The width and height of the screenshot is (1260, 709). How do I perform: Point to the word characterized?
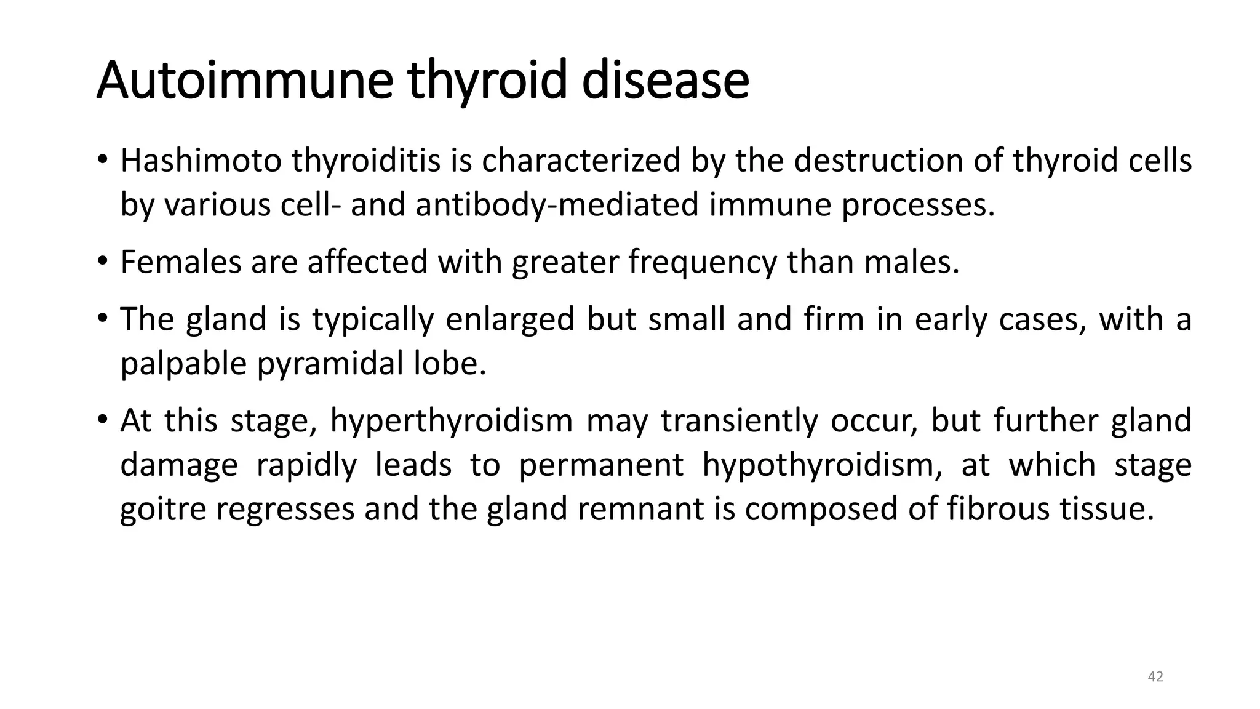[581, 161]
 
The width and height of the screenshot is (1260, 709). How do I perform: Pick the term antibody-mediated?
[557, 205]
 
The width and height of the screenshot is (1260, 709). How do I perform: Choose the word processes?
[918, 205]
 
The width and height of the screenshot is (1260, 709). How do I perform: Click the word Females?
[180, 262]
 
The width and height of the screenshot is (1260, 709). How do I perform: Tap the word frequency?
[703, 262]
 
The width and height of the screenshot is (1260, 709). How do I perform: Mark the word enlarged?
[509, 319]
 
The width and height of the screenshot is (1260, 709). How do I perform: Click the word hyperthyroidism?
[451, 421]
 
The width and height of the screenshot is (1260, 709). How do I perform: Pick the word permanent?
[600, 465]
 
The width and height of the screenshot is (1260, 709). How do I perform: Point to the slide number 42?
[1155, 677]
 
